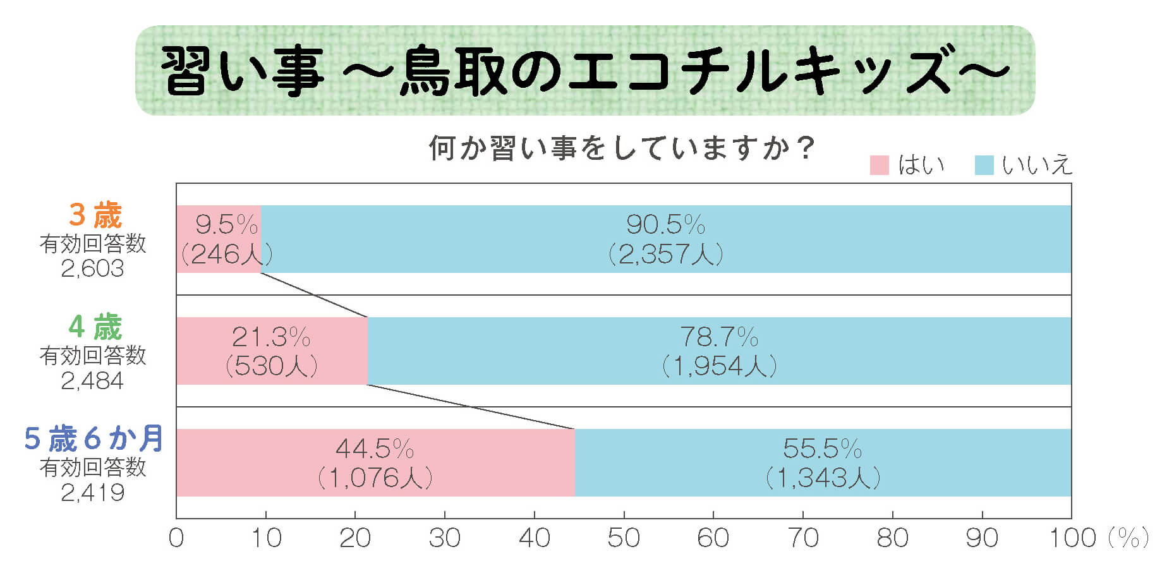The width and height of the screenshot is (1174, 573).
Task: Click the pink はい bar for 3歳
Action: (218, 239)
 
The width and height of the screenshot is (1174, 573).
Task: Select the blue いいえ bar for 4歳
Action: (719, 351)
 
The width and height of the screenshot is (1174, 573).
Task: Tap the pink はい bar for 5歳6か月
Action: (375, 462)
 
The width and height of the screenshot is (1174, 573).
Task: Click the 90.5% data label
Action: (665, 225)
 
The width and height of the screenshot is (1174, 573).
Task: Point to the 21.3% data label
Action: (271, 337)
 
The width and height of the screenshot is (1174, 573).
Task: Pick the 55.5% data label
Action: (822, 449)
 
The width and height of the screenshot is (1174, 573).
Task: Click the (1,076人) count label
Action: (375, 478)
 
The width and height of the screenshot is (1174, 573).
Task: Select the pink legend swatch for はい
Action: (879, 166)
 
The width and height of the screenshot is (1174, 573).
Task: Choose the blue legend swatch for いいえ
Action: (984, 166)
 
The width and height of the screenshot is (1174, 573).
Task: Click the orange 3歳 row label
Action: (95, 215)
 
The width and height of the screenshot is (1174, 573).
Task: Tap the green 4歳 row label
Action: (95, 327)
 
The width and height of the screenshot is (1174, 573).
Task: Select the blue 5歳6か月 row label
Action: (94, 438)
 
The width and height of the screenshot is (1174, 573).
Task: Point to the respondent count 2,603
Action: (92, 269)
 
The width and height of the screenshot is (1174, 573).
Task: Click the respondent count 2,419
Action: (92, 493)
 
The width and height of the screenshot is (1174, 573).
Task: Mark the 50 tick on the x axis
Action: (624, 538)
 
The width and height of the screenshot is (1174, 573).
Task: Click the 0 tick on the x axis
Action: (176, 538)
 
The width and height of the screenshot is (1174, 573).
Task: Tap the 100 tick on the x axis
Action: (1072, 538)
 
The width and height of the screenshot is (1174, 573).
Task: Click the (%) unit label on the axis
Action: (1128, 538)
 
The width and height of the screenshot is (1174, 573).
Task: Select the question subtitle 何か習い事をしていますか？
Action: (622, 149)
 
